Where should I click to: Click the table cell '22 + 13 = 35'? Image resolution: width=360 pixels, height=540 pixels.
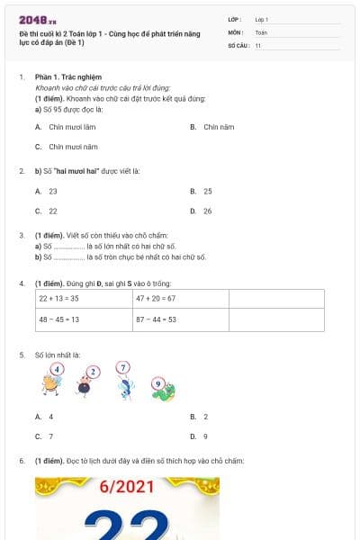[x=83, y=298]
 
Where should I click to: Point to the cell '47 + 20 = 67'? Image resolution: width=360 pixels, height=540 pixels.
[x=180, y=298]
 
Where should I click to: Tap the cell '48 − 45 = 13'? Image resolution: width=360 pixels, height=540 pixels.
[x=83, y=319]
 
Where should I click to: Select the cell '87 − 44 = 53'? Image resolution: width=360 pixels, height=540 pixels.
[x=180, y=319]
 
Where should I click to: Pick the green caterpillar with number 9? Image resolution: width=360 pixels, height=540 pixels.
[x=162, y=388]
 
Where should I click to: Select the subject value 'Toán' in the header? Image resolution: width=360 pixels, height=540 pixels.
[x=261, y=31]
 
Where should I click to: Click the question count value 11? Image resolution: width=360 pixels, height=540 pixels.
[x=257, y=45]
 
